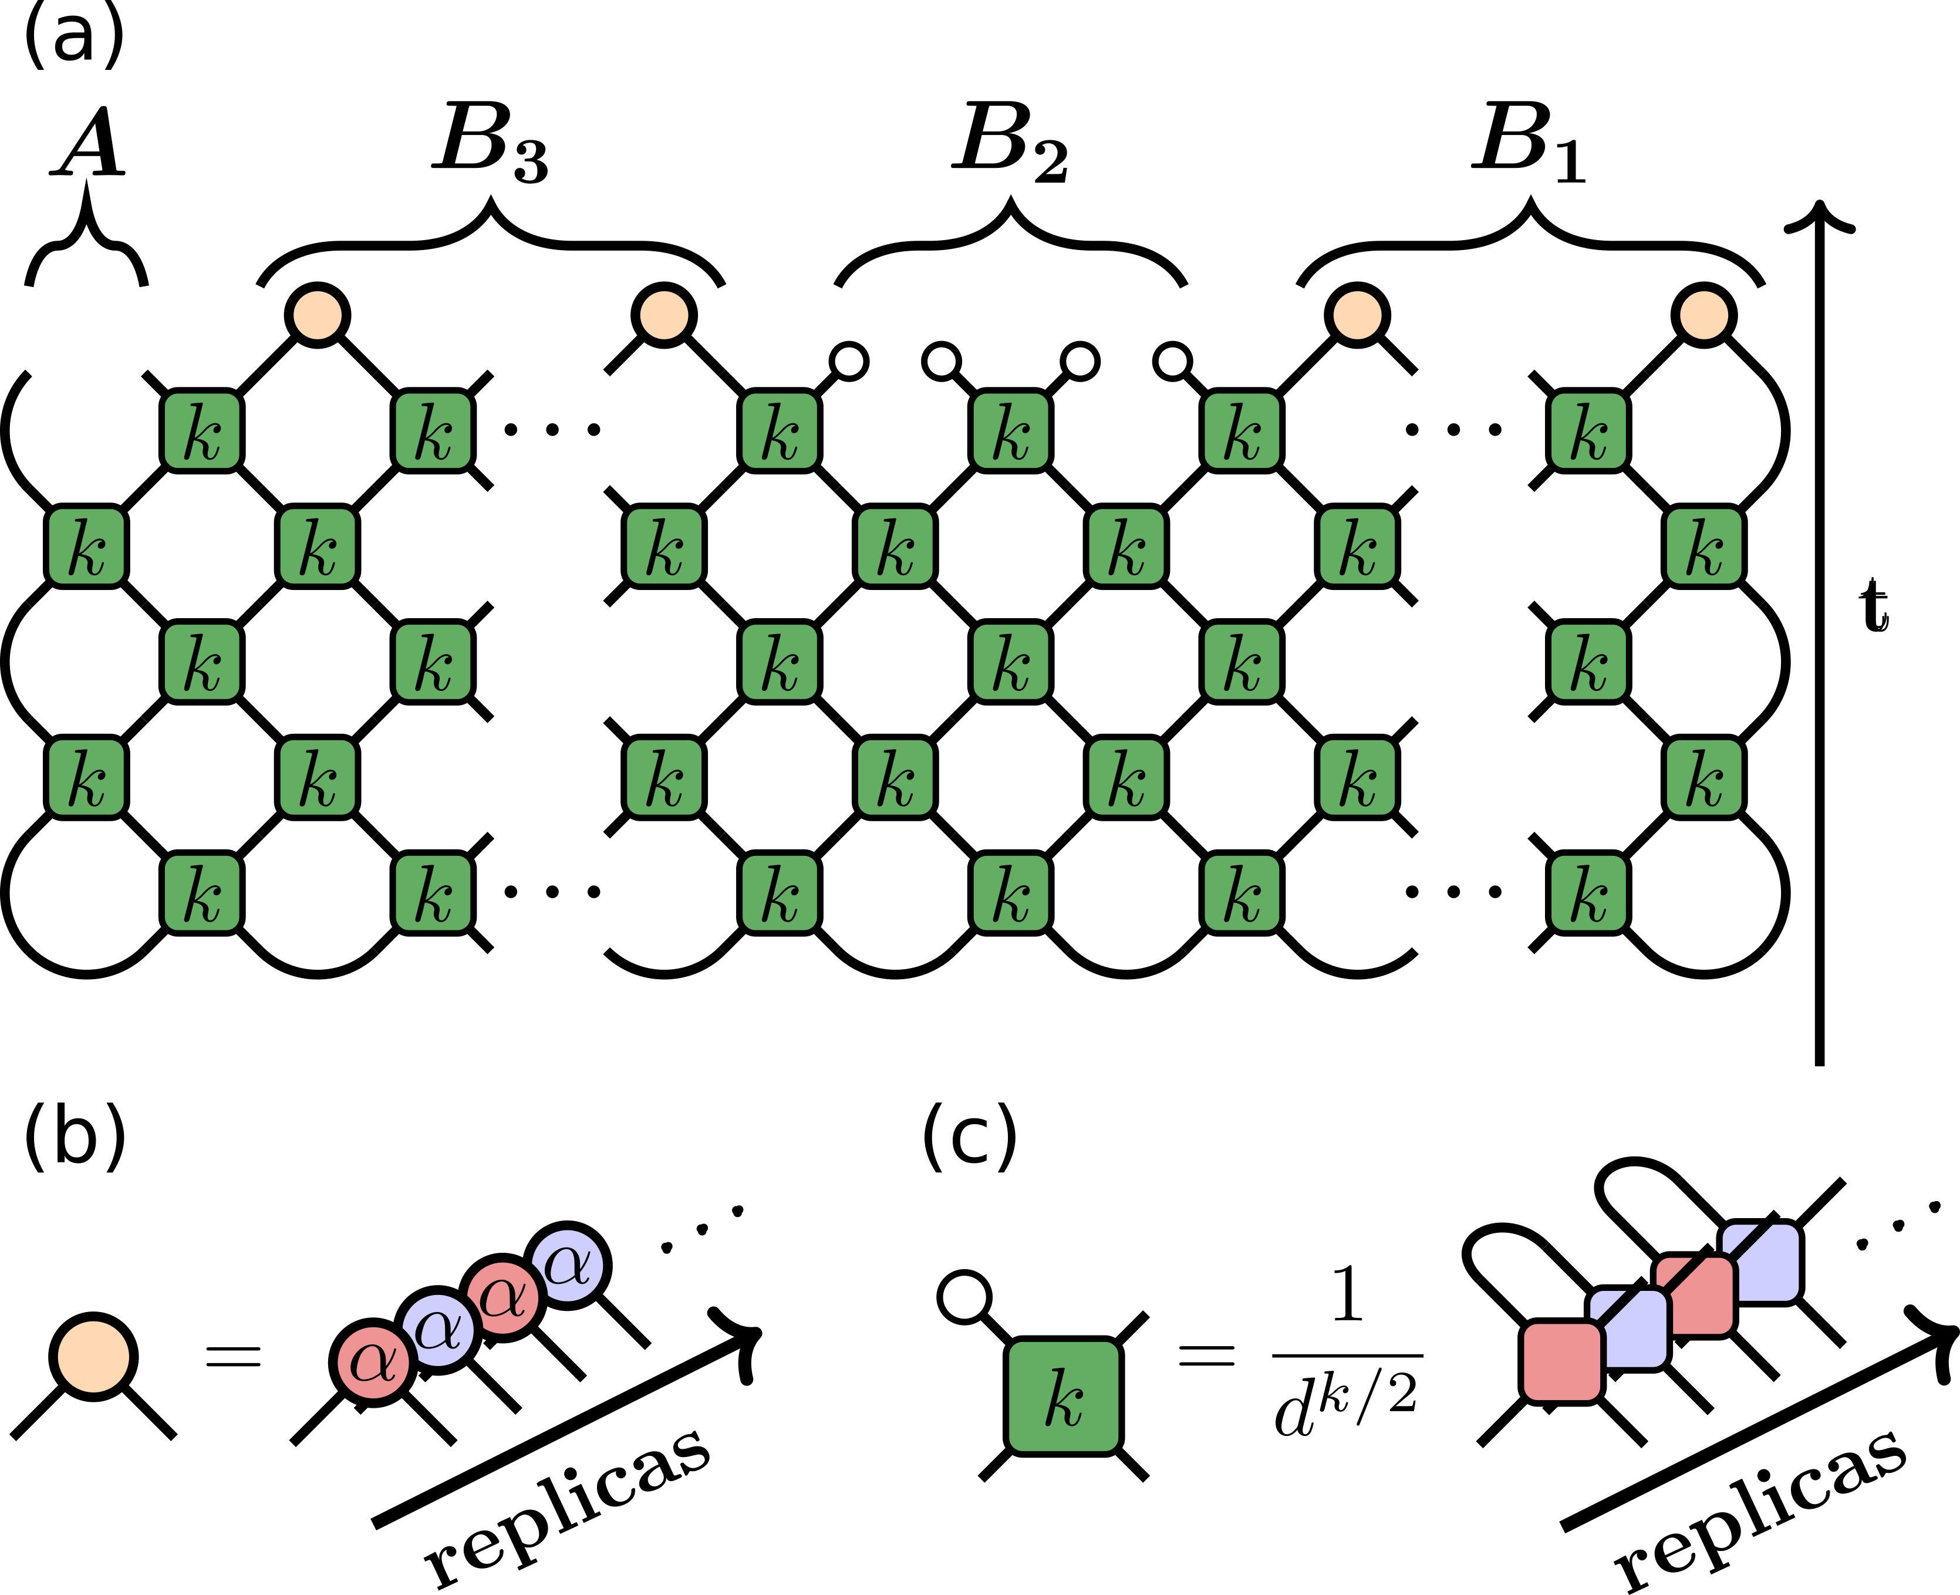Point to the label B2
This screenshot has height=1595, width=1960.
coord(1010,143)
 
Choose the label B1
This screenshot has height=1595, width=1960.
coord(1529,143)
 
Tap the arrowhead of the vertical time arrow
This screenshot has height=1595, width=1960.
coord(1819,216)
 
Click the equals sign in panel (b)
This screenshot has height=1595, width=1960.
coord(232,1357)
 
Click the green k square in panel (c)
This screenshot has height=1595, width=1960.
coord(1064,1397)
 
